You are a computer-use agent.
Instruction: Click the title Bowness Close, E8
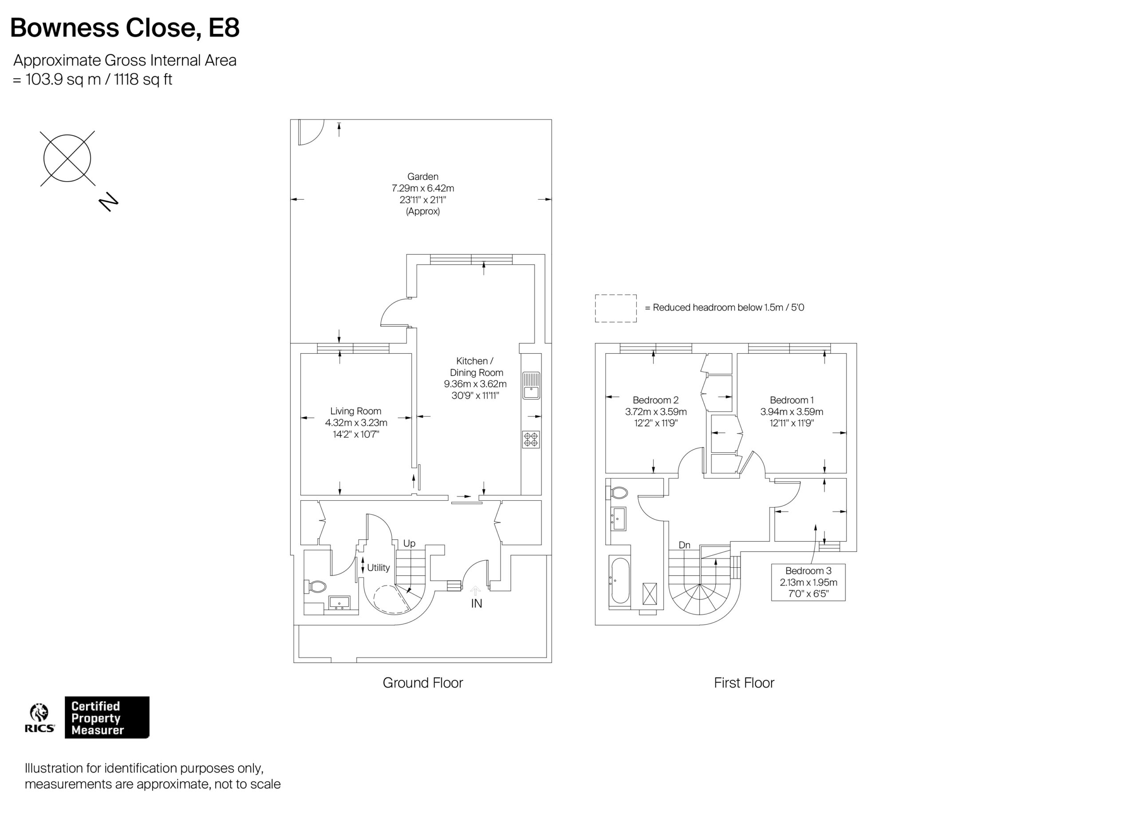[x=125, y=28]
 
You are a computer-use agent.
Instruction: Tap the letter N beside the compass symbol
[x=108, y=202]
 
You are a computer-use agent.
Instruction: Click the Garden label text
[x=422, y=176]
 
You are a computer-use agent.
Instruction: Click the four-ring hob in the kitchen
[x=530, y=439]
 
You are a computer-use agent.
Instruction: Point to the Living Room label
[x=355, y=411]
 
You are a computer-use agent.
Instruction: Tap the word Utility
[x=378, y=568]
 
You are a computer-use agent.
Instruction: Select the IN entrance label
[x=476, y=604]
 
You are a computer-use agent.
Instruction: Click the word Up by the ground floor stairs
[x=409, y=543]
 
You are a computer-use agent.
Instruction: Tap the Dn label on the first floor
[x=684, y=545]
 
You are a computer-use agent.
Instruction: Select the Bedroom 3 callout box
[x=808, y=582]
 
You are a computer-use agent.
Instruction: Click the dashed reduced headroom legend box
[x=615, y=308]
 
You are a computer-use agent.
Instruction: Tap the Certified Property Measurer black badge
[x=106, y=717]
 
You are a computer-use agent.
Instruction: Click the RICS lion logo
[x=39, y=713]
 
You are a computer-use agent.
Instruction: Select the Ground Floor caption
[x=422, y=683]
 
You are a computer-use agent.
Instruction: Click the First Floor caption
[x=743, y=683]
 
